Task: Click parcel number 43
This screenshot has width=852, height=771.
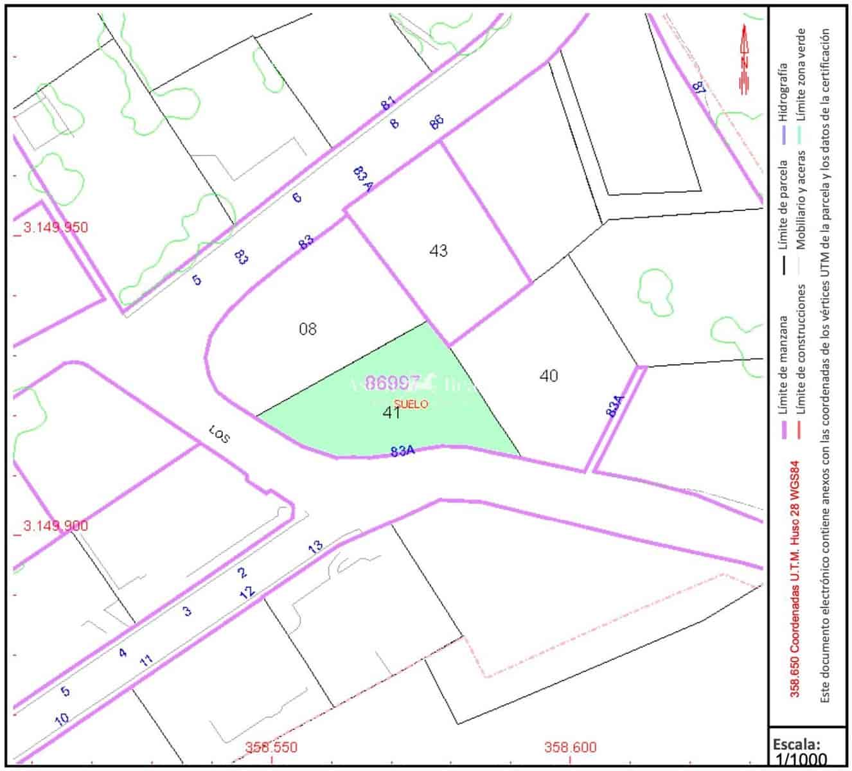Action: click(x=438, y=251)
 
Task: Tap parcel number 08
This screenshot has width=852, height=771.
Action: click(x=308, y=330)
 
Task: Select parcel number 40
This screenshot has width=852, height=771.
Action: click(x=549, y=376)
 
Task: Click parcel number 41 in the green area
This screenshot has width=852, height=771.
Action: click(x=391, y=413)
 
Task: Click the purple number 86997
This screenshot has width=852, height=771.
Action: click(x=392, y=384)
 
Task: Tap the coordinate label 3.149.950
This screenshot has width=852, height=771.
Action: click(x=55, y=227)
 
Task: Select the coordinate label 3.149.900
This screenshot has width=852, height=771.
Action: click(x=55, y=526)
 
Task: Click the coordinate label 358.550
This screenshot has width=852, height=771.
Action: click(x=271, y=748)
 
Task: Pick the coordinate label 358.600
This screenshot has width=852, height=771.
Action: click(x=570, y=748)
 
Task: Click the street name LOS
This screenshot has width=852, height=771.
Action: click(x=219, y=435)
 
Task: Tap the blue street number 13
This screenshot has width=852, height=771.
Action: click(x=315, y=548)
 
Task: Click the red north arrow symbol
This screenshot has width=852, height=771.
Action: click(x=744, y=59)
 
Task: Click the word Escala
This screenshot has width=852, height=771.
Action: click(x=796, y=744)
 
